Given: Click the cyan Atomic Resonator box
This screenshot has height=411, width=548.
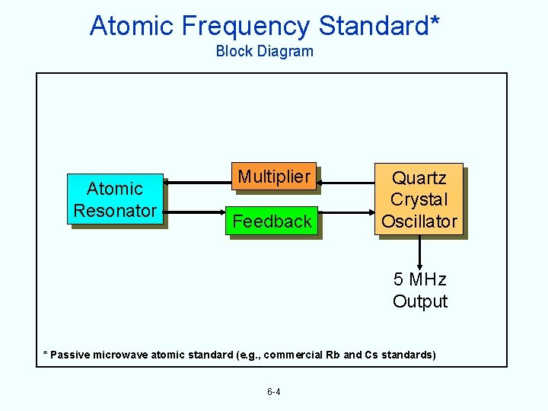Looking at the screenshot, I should pyautogui.click(x=115, y=199).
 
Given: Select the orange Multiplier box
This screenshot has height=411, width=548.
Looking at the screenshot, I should pyautogui.click(x=273, y=177).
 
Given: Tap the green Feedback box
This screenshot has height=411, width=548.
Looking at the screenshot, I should pyautogui.click(x=272, y=221).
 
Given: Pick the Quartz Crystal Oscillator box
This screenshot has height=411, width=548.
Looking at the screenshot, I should pyautogui.click(x=419, y=199).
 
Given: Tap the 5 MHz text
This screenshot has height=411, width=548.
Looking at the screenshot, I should pyautogui.click(x=419, y=279).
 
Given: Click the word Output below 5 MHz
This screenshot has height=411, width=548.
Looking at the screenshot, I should pyautogui.click(x=419, y=301).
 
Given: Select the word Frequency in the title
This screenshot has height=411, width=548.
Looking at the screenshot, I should pyautogui.click(x=245, y=26).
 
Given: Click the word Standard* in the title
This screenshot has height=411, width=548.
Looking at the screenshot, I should pyautogui.click(x=379, y=26).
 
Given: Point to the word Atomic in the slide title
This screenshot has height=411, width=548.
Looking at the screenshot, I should pyautogui.click(x=132, y=26).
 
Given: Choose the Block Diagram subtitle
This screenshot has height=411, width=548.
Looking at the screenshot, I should pyautogui.click(x=264, y=52).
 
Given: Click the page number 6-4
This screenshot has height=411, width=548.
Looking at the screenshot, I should pyautogui.click(x=273, y=392).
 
